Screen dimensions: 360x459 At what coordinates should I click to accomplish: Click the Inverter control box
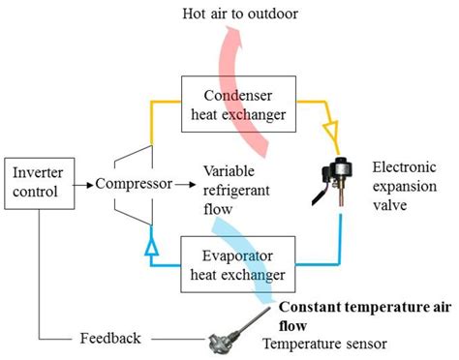(x=37, y=181)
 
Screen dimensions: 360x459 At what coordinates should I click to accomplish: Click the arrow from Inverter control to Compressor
(x=80, y=181)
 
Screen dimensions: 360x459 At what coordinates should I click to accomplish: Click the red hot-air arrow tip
(x=230, y=39)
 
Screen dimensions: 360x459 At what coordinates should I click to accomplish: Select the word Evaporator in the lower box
(x=235, y=257)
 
